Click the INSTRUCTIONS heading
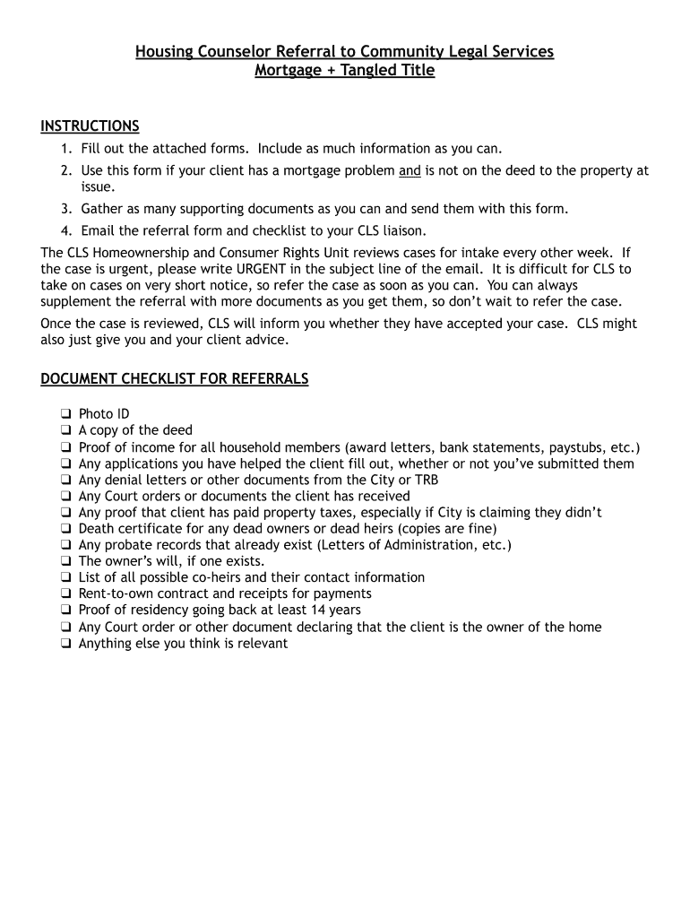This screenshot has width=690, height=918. tap(90, 126)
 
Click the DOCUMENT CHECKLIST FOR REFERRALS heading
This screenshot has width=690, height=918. tap(175, 379)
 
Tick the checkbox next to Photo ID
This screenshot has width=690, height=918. tap(65, 414)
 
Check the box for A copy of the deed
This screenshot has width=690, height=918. tap(65, 430)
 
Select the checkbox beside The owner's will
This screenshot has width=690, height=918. tap(65, 561)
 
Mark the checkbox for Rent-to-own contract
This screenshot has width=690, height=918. tap(65, 593)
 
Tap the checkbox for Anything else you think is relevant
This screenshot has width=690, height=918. tap(65, 644)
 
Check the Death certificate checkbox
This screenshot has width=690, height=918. tap(65, 529)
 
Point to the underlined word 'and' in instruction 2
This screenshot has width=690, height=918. tap(410, 170)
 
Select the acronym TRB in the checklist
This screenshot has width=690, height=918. tap(425, 480)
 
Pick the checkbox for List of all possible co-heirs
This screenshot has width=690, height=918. tap(65, 577)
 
